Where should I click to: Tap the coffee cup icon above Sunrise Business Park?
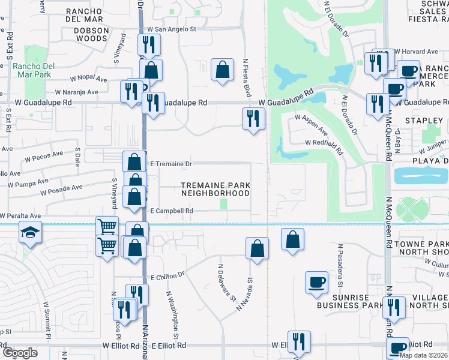click(316, 282)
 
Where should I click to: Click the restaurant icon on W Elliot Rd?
click(298, 341)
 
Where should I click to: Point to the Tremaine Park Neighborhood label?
click(215, 190)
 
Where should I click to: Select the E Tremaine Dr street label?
click(170, 164)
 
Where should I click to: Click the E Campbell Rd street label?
click(171, 211)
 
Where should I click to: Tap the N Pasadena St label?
click(339, 264)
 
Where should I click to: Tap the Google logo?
click(20, 353)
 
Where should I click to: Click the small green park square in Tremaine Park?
click(224, 205)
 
